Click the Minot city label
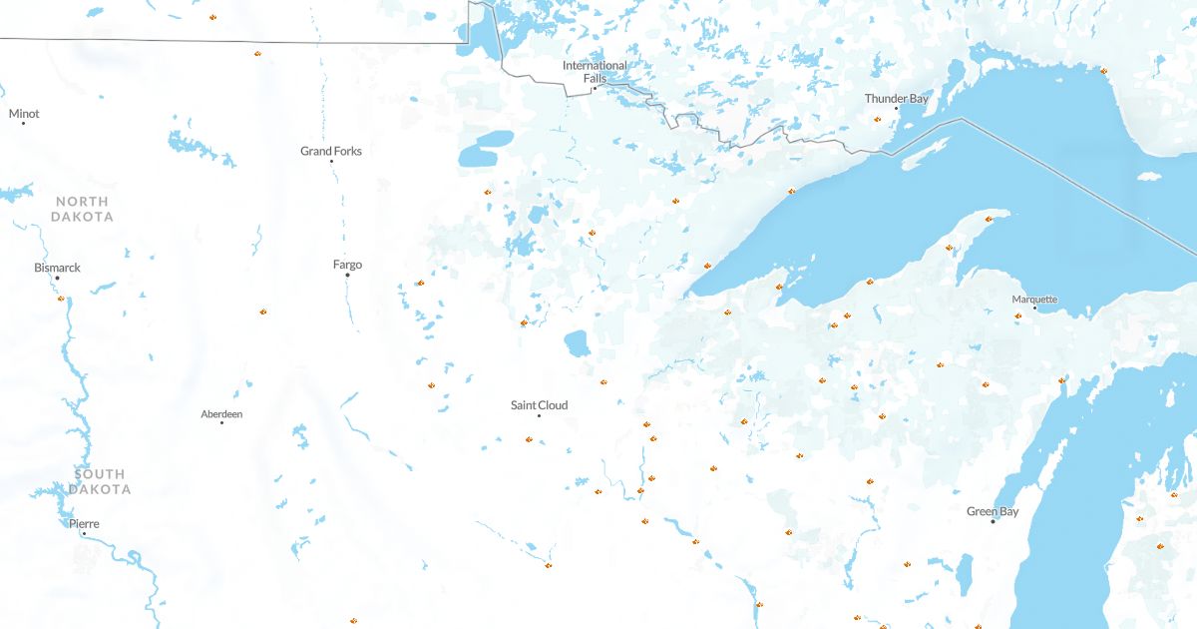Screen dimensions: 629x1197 24,114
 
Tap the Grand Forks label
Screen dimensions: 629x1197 331,151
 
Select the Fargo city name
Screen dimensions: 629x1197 347,265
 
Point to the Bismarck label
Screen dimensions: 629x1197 57,268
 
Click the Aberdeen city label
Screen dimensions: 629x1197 221,413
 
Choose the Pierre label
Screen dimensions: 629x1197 84,523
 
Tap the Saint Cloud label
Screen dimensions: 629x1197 539,405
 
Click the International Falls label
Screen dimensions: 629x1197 595,71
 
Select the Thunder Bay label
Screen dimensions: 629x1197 896,99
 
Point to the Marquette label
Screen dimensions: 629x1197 1034,300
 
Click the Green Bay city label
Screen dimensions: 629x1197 993,511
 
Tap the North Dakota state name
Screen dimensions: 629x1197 83,209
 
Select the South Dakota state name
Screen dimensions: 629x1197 99,481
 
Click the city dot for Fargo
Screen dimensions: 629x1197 347,275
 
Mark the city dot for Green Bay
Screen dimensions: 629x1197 993,521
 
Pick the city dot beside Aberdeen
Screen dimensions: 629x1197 221,423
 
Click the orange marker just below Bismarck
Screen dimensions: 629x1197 61,298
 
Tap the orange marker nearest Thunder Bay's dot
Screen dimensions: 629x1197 878,120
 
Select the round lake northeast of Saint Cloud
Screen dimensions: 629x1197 577,343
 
